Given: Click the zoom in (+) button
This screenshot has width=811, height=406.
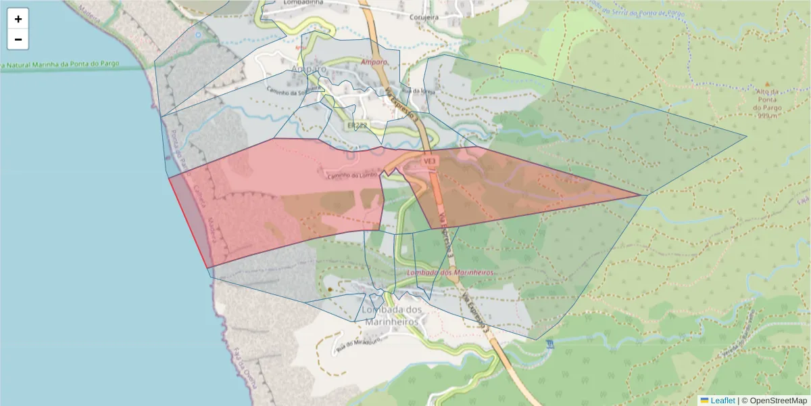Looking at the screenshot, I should pyautogui.click(x=18, y=19).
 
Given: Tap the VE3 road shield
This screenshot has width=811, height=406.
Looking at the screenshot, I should pyautogui.click(x=429, y=162).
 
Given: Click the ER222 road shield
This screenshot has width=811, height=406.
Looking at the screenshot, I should pyautogui.click(x=357, y=126).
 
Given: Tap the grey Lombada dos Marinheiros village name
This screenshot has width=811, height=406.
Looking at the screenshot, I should pyautogui.click(x=393, y=315).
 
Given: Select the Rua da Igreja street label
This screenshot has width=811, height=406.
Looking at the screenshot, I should pyautogui.click(x=417, y=91).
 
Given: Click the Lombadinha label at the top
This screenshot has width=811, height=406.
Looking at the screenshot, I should pyautogui.click(x=293, y=3).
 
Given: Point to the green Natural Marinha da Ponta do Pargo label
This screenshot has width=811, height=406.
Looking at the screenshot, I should pyautogui.click(x=61, y=65).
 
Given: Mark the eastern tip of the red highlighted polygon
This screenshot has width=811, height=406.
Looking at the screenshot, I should pyautogui.click(x=641, y=196).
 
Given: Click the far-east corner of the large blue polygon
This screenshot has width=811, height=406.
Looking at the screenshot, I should pyautogui.click(x=747, y=137).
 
